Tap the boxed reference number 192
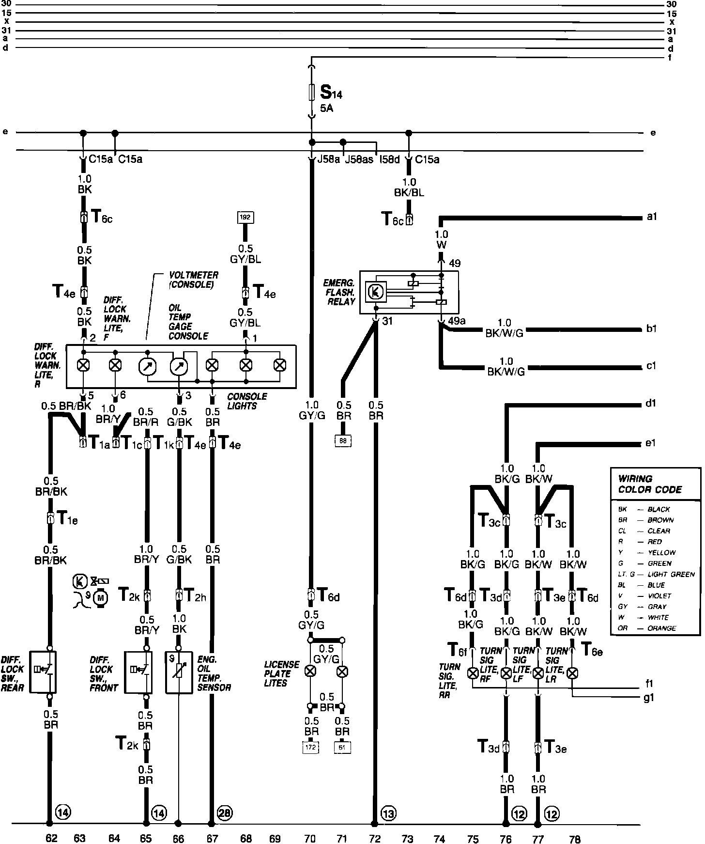(245, 217)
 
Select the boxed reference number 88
(343, 440)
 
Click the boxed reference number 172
(310, 747)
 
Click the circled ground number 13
(388, 813)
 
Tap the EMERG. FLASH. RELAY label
(339, 292)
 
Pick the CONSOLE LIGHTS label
(247, 401)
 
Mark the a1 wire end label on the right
(652, 218)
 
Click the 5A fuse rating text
(326, 109)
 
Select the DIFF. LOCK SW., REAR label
(13, 673)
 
